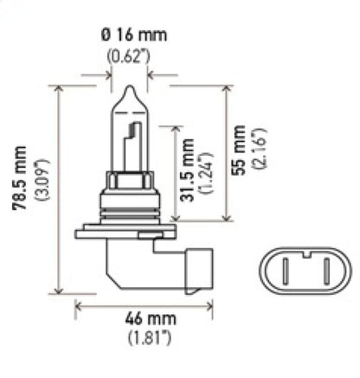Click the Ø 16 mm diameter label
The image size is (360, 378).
[x=130, y=36]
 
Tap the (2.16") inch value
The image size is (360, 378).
[x=260, y=151]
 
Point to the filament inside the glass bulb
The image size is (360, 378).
[x=132, y=143]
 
